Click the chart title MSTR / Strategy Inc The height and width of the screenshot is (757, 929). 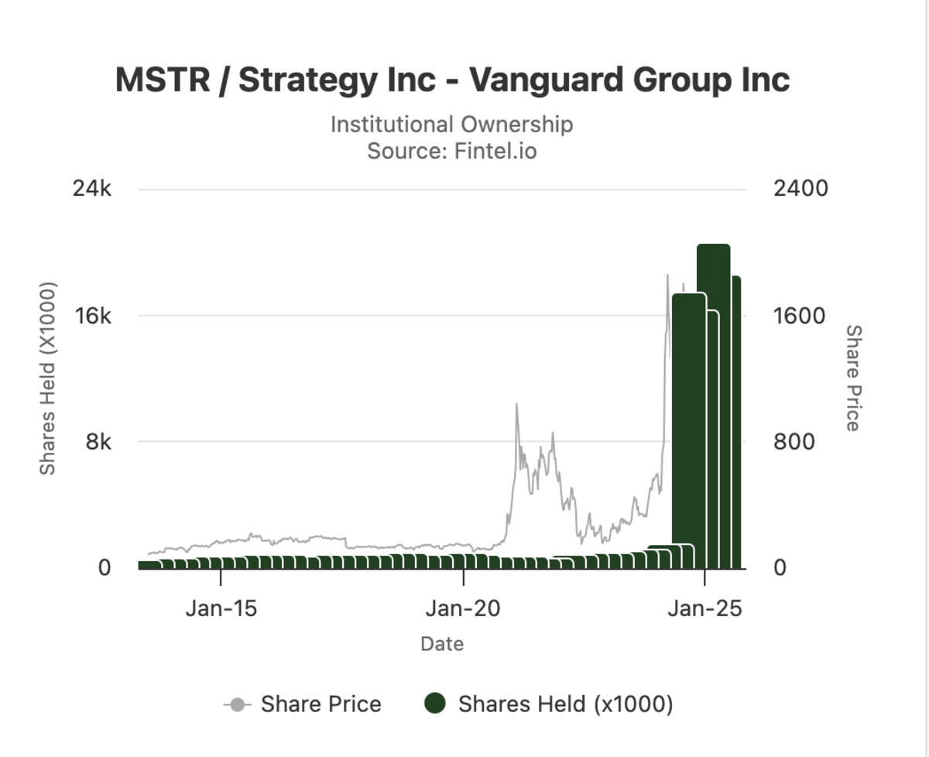[x=452, y=80]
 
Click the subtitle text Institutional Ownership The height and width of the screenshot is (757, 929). [x=452, y=124]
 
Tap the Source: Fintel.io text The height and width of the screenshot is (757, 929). [x=452, y=150]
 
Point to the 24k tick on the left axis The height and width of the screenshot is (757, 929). [x=92, y=189]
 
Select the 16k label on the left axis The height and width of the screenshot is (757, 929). [x=92, y=316]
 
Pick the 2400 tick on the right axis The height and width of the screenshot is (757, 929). [x=800, y=189]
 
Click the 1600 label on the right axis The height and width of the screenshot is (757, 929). [x=800, y=316]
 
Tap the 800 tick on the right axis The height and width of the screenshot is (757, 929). [x=794, y=442]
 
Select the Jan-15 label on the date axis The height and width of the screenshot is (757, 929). [x=221, y=608]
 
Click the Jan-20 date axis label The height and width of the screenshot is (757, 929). [x=463, y=608]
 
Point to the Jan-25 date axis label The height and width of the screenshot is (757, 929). [x=704, y=608]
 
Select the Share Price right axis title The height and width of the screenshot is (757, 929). [x=852, y=378]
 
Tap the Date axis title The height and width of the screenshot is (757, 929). [x=442, y=643]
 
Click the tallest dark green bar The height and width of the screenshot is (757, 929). [x=713, y=402]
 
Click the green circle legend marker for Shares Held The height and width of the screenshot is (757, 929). [x=436, y=704]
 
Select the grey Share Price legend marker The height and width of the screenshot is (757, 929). [x=238, y=704]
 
